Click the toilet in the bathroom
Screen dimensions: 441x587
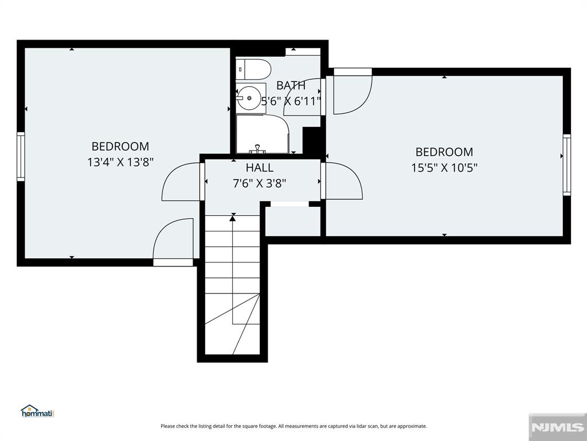(x=253, y=69)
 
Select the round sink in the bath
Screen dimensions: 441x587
(x=250, y=98)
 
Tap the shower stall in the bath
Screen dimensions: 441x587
(x=262, y=134)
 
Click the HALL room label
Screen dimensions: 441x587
(x=260, y=168)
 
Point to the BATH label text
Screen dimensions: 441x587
(x=291, y=86)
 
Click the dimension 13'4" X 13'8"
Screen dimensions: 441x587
(x=120, y=162)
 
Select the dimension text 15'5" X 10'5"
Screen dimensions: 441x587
(x=444, y=168)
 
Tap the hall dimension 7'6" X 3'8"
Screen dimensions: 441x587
(x=260, y=183)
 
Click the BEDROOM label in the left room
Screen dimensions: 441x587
(x=120, y=146)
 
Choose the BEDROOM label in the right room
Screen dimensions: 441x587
(x=444, y=152)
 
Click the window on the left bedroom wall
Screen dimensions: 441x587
(x=21, y=157)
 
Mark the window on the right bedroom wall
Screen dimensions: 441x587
(x=566, y=165)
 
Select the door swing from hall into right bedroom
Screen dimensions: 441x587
(x=342, y=181)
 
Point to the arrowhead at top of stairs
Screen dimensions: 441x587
(x=233, y=218)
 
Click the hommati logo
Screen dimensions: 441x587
(x=37, y=411)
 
